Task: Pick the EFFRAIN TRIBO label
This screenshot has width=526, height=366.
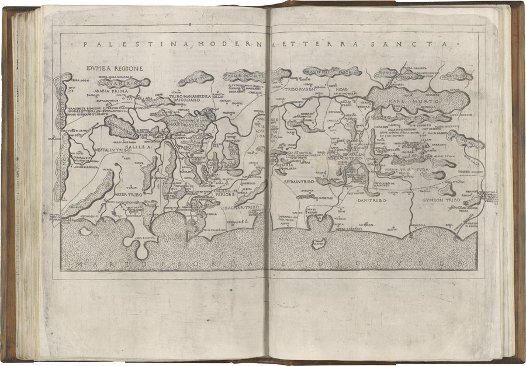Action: point(299,183)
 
